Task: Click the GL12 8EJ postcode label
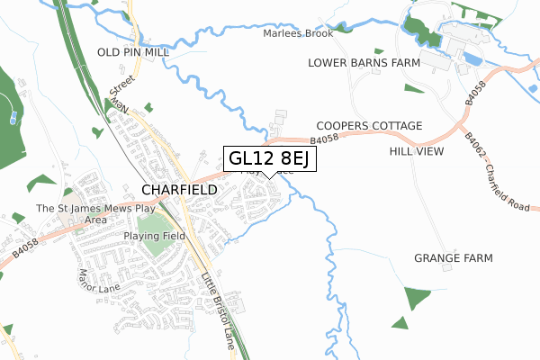[269, 159]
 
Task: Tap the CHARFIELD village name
[179, 190]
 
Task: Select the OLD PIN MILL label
[134, 52]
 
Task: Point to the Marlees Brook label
[298, 33]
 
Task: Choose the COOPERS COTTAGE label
[369, 126]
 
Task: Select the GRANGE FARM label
[454, 258]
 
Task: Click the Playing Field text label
[155, 236]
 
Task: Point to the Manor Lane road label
[99, 280]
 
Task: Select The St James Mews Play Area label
[85, 214]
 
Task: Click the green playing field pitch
[157, 231]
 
